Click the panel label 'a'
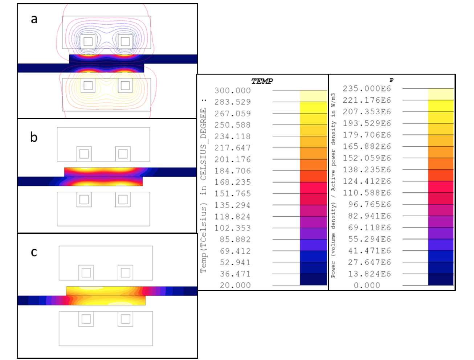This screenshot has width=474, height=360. tap(34, 19)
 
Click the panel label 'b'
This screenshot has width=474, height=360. tap(34, 138)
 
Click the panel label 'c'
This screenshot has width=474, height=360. tap(34, 252)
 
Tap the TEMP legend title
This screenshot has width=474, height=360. tap(262, 81)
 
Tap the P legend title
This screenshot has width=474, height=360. tap(391, 80)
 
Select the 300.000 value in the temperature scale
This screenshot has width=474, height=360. tap(232, 91)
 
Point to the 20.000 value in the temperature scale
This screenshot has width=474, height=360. tap(235, 285)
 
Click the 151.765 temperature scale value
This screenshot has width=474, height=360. tap(232, 194)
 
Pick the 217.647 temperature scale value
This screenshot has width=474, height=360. tap(232, 148)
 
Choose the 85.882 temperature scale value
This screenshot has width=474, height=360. tap(235, 240)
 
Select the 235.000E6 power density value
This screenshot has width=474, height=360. tap(367, 89)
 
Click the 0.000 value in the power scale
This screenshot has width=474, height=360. tap(367, 285)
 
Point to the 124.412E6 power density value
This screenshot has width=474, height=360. tap(367, 181)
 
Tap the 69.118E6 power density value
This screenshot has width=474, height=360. tap(369, 228)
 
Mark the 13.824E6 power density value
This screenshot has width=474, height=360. tap(369, 274)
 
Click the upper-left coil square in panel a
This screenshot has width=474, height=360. tap(88, 41)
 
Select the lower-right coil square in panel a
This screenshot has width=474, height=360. tap(125, 86)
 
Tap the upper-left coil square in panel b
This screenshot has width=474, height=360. tap(84, 154)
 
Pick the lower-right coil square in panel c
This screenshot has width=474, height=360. tap(126, 319)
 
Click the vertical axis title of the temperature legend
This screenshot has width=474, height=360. tap(204, 185)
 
